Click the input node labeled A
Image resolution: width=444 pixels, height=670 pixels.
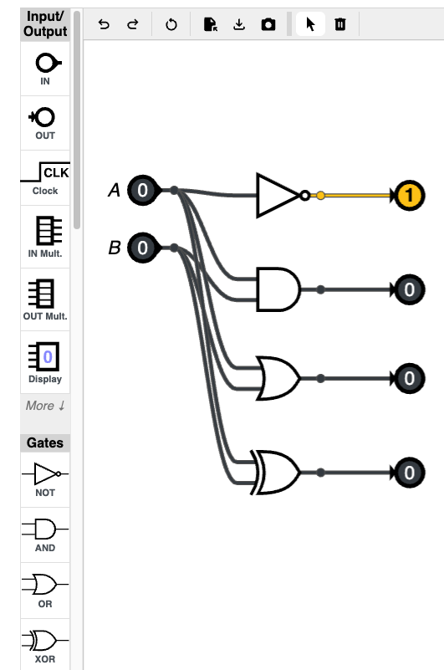click(x=143, y=190)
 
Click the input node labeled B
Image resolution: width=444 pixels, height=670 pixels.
click(x=143, y=248)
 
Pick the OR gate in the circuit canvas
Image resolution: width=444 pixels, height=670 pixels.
click(x=278, y=378)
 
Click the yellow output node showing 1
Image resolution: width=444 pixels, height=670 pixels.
click(x=409, y=196)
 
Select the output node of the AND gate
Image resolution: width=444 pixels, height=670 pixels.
click(x=409, y=289)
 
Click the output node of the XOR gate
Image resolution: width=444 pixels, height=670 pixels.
click(x=409, y=473)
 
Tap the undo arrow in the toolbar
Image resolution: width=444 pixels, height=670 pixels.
click(x=104, y=24)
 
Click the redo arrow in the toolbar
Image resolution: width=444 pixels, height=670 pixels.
click(x=133, y=24)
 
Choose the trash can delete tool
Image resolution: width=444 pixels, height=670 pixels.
click(x=340, y=24)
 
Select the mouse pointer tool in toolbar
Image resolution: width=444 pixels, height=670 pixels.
click(x=311, y=24)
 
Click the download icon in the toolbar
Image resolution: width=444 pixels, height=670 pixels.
click(x=239, y=24)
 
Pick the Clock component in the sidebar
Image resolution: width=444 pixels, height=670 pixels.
click(x=45, y=178)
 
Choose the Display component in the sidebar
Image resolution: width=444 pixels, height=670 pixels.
click(x=45, y=362)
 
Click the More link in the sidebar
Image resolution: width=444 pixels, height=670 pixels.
click(x=45, y=406)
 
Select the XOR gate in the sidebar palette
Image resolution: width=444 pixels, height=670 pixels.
click(x=45, y=645)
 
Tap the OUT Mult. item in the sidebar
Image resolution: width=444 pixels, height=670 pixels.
click(x=45, y=299)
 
